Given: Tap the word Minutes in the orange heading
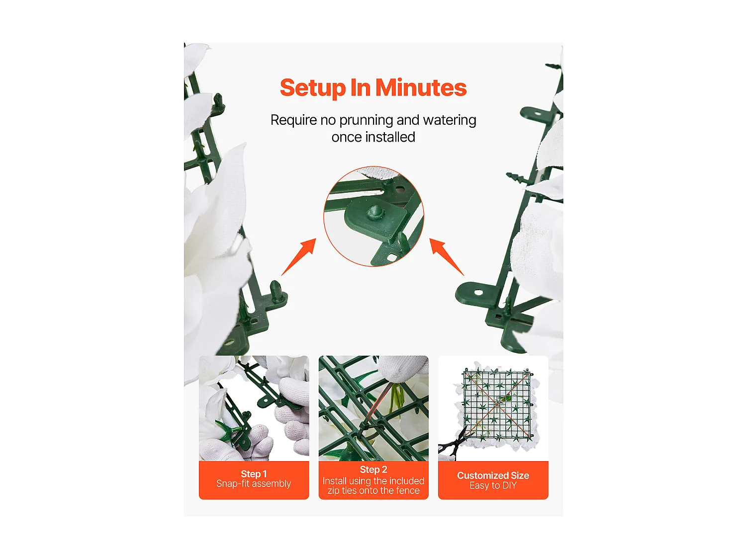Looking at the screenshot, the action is click(421, 87).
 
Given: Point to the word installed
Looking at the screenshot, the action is click(390, 137).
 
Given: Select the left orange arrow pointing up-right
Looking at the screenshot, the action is click(298, 256).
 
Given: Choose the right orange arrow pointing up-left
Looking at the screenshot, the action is click(447, 256).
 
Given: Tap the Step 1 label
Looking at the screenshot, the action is click(254, 474).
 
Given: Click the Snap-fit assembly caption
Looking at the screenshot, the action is click(254, 483).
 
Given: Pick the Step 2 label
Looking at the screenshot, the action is click(373, 470).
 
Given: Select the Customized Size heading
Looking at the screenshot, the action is click(493, 476).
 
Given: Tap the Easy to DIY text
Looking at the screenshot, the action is click(493, 485).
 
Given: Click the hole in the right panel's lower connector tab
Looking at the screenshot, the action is click(478, 292).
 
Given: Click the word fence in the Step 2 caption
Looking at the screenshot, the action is click(408, 491).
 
